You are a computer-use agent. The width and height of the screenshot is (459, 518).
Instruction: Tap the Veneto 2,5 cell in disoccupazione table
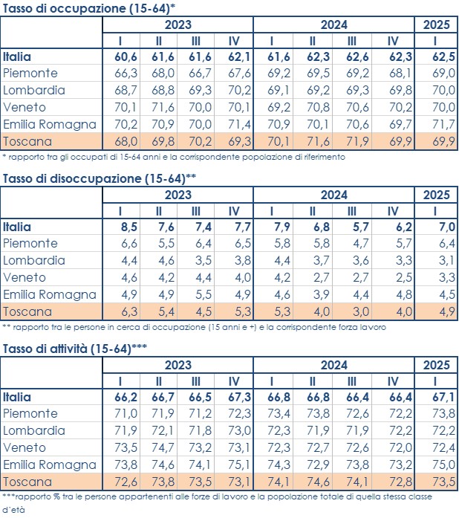click(x=396, y=277)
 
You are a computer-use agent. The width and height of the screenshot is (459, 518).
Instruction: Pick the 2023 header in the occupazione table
click(x=178, y=24)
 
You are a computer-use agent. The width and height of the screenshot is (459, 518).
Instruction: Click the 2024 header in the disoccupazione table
click(x=333, y=194)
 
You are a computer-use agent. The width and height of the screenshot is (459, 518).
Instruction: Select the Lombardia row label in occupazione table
click(x=34, y=90)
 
